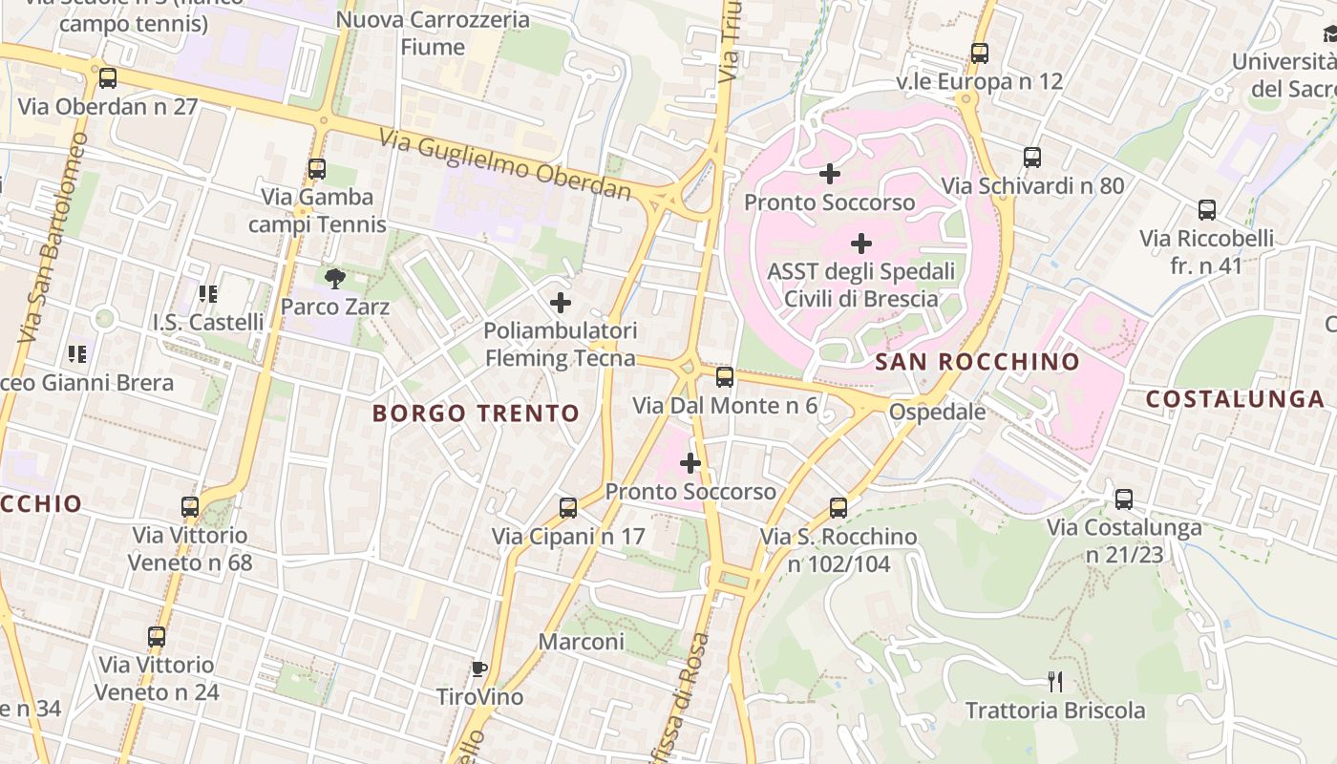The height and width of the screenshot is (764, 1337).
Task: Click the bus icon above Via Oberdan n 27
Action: [x=108, y=78]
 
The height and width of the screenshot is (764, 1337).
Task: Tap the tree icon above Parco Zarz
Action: [x=334, y=279]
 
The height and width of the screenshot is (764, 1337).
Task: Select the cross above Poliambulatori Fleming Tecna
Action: [x=561, y=304]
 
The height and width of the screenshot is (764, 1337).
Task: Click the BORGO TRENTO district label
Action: [x=476, y=414]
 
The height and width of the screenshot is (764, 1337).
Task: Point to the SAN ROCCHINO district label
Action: [x=977, y=362]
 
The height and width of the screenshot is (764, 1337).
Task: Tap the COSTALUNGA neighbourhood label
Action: [x=1235, y=399]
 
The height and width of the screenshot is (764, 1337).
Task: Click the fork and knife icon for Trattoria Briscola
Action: [x=1055, y=682]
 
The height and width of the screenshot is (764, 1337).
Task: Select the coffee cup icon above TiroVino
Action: [x=479, y=668]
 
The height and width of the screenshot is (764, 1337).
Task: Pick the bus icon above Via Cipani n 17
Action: [x=568, y=508]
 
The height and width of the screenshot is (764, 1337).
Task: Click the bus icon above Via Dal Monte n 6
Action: [x=725, y=377]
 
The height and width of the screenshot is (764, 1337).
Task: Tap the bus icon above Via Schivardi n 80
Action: [x=1032, y=158]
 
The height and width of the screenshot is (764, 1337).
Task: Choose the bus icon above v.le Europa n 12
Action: [x=980, y=53]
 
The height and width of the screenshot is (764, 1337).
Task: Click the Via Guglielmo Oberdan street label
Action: [x=505, y=166]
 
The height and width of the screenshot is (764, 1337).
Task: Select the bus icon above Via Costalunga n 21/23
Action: [x=1124, y=499]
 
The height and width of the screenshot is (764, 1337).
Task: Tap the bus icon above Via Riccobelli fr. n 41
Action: [x=1207, y=210]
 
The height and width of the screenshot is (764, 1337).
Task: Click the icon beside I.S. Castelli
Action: [x=207, y=294]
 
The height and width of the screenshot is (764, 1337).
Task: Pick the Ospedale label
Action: [x=937, y=412]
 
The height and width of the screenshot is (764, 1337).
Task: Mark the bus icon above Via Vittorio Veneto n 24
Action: [x=157, y=636]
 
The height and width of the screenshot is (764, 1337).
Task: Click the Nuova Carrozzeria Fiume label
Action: [x=433, y=32]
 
